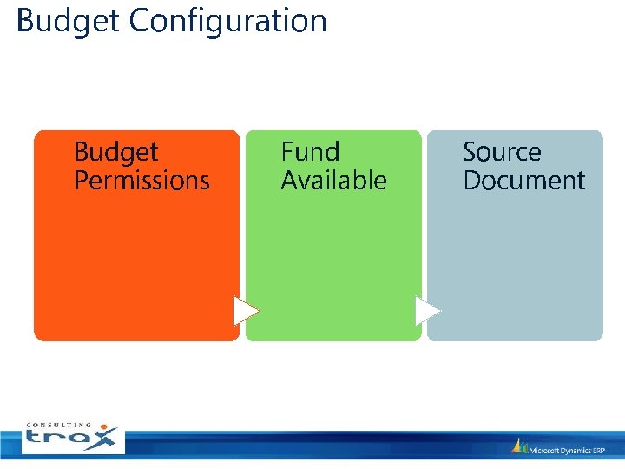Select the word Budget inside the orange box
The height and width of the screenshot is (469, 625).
115,152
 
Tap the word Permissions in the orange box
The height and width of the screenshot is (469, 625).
141,181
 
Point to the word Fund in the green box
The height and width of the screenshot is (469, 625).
310,152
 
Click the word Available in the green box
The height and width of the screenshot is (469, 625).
333,181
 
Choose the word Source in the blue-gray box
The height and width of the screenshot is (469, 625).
502,152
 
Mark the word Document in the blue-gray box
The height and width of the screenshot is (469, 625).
523,181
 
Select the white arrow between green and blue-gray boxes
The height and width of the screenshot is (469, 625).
427,311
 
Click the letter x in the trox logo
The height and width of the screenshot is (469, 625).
104,439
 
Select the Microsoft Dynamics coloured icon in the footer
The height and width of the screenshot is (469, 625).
520,446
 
